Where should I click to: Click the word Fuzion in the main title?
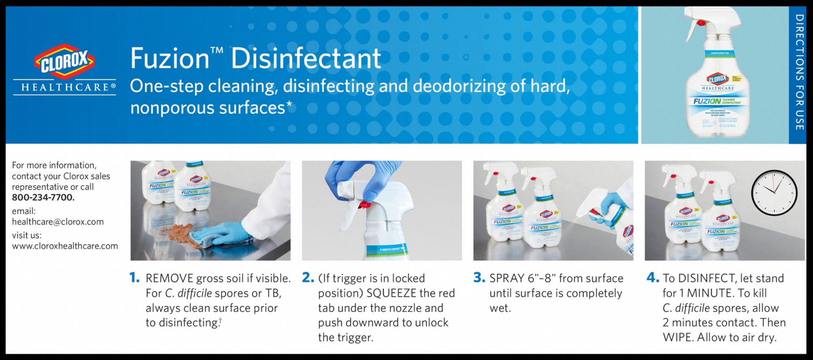tap(170, 59)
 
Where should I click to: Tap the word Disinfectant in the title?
tap(306, 59)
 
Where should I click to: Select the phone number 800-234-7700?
tap(43, 197)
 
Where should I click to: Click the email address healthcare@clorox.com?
tap(58, 222)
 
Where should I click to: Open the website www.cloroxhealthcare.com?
tap(65, 246)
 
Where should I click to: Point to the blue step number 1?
tap(134, 278)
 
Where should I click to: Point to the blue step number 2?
tap(308, 278)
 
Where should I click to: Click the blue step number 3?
tap(479, 278)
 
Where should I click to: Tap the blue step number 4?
tap(652, 278)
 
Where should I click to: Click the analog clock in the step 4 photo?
tap(774, 193)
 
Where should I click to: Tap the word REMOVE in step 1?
tap(169, 278)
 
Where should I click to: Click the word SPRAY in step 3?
tap(507, 278)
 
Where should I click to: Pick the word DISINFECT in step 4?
tap(707, 278)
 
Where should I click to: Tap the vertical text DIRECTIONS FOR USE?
tap(799, 72)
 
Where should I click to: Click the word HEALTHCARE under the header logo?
tap(65, 87)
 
